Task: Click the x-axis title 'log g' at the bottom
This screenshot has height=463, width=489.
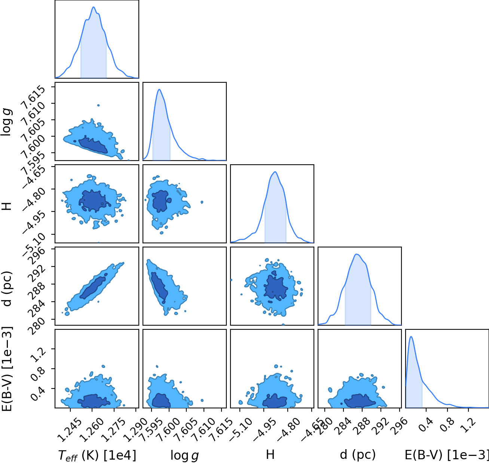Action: coord(184,454)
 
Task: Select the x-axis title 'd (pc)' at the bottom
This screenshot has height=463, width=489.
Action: coord(358,454)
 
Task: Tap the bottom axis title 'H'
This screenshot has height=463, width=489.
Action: coord(271,454)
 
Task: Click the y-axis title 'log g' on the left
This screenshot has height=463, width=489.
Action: coord(6,122)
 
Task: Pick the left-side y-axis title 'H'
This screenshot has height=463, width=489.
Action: coord(7,206)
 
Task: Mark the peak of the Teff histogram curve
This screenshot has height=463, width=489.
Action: coord(94,7)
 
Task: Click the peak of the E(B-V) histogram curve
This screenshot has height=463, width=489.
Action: coord(411,336)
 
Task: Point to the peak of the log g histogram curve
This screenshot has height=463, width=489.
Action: coord(159,89)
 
